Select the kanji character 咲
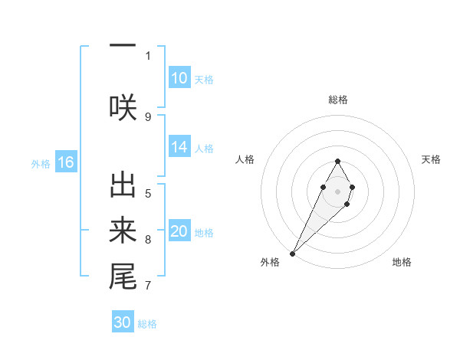(123, 106)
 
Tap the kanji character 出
(123, 186)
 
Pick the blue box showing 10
(179, 78)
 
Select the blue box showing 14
(179, 147)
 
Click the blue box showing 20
(179, 231)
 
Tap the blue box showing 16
(65, 162)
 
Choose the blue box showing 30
(123, 322)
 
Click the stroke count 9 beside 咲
(148, 116)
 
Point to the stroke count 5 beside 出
(148, 193)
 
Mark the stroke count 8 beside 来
(148, 240)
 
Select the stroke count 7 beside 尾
(148, 286)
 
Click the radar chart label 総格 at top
(337, 100)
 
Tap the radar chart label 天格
(431, 159)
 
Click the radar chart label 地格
(402, 262)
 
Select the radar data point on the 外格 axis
(292, 253)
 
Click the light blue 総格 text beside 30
(147, 324)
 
